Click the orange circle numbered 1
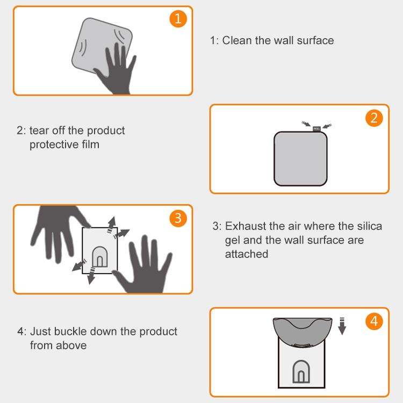(178, 19)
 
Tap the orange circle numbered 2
(374, 118)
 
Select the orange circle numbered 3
(178, 219)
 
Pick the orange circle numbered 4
(374, 321)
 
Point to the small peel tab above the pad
(316, 129)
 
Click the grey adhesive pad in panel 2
(300, 159)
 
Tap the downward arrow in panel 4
(342, 326)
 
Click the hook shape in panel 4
(301, 372)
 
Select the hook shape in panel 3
(100, 257)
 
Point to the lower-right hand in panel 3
(144, 267)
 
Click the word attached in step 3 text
(247, 254)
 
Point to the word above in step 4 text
(71, 346)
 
